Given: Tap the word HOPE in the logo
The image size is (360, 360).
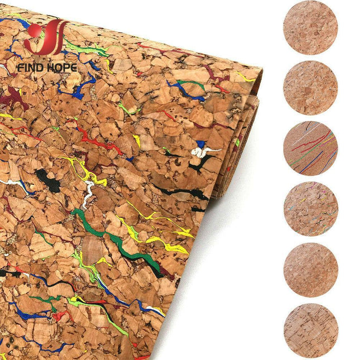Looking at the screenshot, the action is click(x=61, y=68).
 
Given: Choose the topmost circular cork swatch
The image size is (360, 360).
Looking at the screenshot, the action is click(x=310, y=27).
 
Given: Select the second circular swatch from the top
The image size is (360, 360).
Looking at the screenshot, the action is click(x=310, y=88).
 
